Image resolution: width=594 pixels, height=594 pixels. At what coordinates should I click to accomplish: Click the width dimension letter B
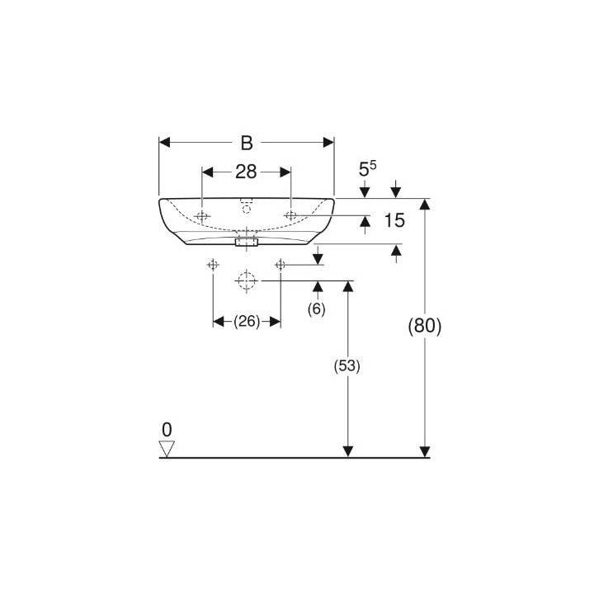click(247, 143)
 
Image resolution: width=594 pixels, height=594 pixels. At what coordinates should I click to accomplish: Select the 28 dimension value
click(246, 172)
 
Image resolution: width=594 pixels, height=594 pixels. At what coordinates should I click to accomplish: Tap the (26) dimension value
click(247, 322)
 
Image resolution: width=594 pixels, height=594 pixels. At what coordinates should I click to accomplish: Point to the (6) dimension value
click(316, 309)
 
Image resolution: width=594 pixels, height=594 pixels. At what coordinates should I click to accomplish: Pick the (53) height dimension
click(347, 366)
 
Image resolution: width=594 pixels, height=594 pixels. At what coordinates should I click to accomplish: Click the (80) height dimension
click(425, 325)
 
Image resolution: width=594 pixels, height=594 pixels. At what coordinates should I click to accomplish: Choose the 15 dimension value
click(394, 220)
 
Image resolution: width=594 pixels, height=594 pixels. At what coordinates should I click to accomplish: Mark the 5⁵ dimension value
click(367, 169)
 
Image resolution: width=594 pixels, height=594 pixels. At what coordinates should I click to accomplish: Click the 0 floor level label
click(167, 430)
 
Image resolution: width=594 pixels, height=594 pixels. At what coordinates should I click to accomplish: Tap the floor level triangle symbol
click(167, 449)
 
